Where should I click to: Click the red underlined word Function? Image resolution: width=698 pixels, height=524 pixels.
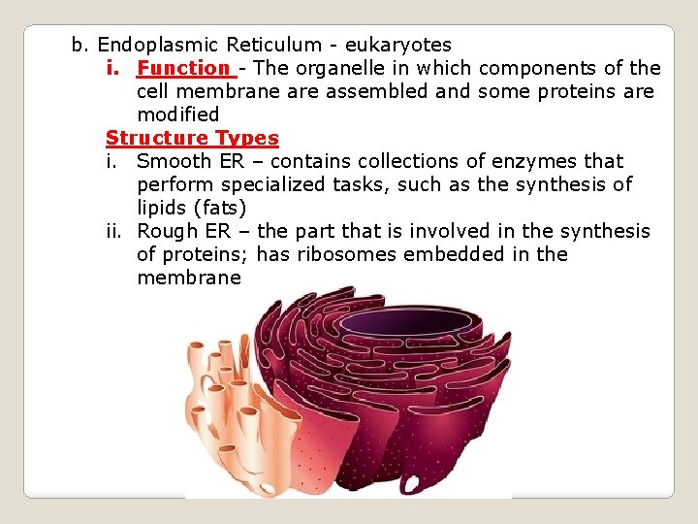coord(182,68)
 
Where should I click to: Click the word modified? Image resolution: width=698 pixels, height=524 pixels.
coord(178,115)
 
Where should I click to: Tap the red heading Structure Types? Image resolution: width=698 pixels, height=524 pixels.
coord(192,138)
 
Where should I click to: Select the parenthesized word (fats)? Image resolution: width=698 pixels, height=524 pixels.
coord(223,208)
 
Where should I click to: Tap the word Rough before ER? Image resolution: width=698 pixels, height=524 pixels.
coord(165,231)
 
